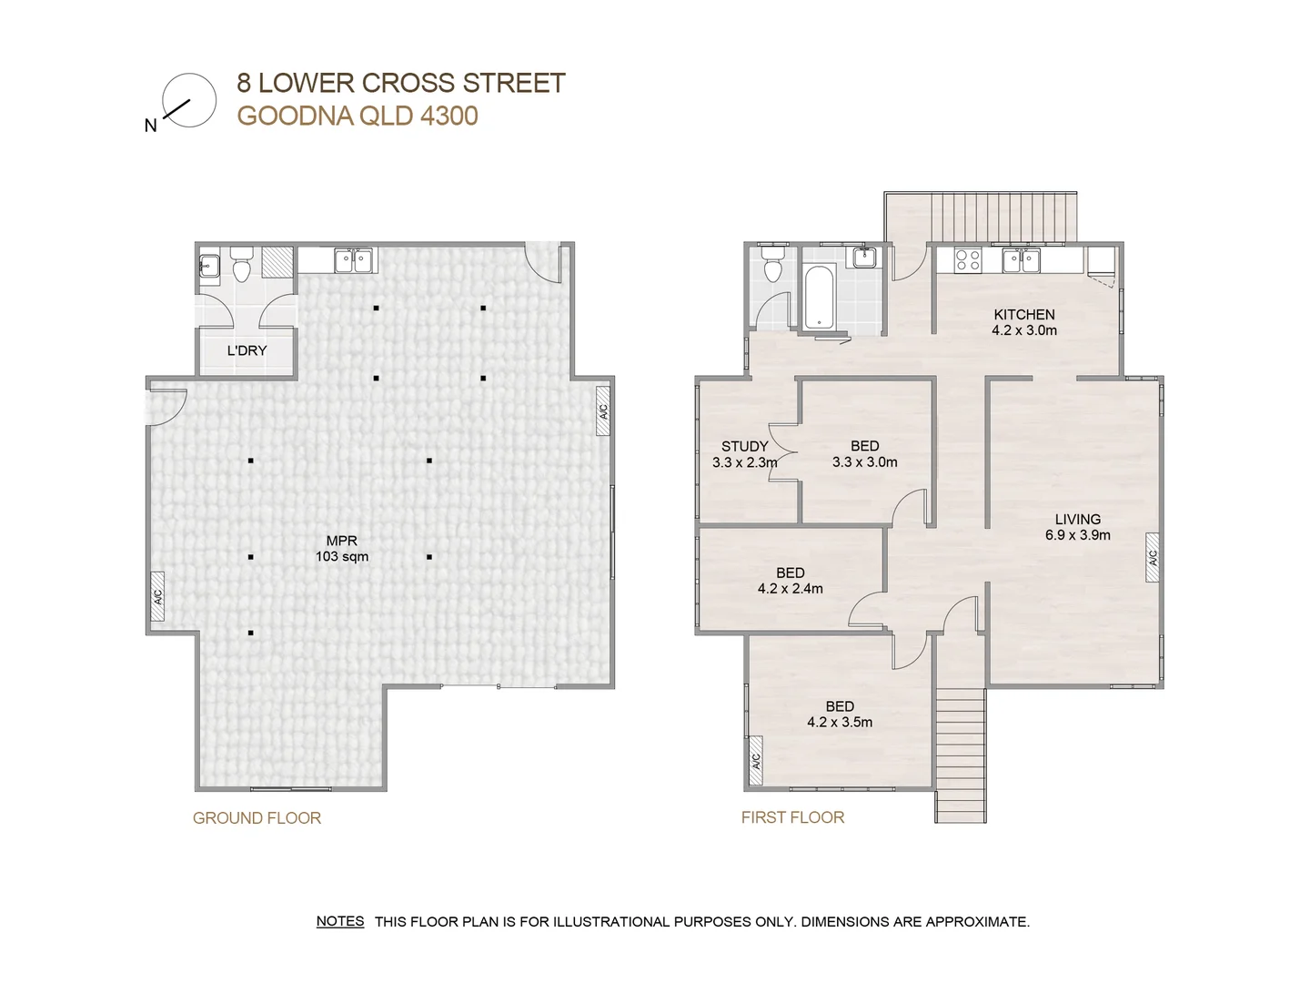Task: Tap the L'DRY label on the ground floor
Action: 247,350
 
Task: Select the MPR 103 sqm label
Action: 342,549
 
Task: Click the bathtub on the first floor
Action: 819,298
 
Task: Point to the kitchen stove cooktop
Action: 967,260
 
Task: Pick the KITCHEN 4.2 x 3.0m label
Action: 1024,322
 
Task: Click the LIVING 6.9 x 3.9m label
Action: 1077,527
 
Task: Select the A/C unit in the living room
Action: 1153,557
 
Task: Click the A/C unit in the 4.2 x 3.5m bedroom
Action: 756,760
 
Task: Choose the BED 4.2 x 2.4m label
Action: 791,581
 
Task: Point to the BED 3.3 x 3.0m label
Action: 865,453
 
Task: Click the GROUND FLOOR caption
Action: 257,817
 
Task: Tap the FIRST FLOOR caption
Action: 792,817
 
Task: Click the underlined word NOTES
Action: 340,921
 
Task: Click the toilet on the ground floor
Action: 242,264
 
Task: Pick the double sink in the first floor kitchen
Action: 1021,261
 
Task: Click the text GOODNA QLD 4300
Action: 358,116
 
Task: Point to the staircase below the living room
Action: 961,755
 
